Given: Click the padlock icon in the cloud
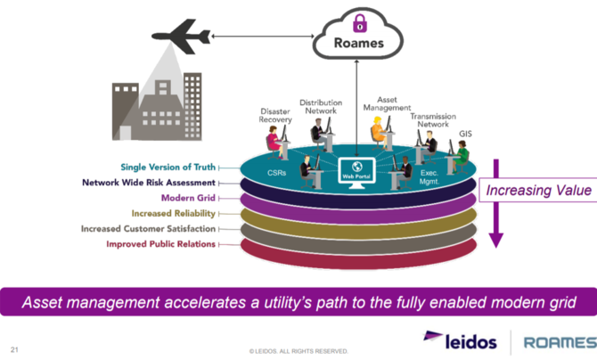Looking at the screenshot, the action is coord(359,23).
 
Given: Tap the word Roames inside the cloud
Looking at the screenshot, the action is coord(359,43).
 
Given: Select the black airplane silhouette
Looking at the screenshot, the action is coord(181,37).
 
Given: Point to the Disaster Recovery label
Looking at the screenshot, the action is coord(275,116).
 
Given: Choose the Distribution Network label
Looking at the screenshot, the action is coord(321,107).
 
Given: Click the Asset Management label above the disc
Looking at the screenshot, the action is coord(387,103).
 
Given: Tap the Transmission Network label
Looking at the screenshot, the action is coord(433,120).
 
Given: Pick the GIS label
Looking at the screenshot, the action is coord(465,134).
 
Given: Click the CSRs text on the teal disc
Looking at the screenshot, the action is coord(276,173).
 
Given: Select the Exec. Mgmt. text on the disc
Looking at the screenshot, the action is coord(429,177).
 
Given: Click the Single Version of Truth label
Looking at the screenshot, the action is coord(168,167).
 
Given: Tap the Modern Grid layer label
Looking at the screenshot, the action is coord(188,198).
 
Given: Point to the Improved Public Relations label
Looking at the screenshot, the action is coord(160,244).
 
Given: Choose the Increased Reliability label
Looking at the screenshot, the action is coord(173,213).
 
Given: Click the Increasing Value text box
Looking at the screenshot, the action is coord(538,190).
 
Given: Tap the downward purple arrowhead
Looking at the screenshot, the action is coord(495,241).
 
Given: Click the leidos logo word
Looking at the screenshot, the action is coord(471,341).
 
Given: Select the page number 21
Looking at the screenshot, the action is coord(14,349).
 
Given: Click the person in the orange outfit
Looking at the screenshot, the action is coord(379,133).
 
